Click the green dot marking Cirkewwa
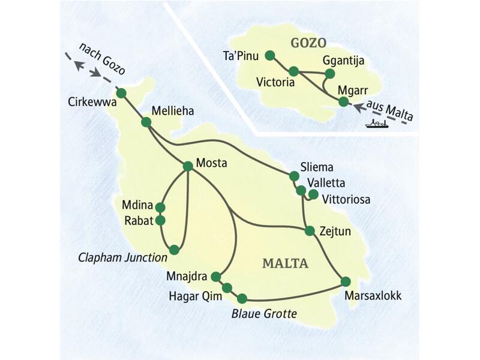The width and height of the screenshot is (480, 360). [x=121, y=93]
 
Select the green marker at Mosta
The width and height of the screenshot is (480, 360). [x=187, y=166]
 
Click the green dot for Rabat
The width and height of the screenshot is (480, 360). [x=160, y=220]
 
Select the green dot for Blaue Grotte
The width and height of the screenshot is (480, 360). [x=242, y=298]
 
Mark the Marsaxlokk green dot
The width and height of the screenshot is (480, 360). [x=346, y=281]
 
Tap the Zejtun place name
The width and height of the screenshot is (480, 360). [x=336, y=230]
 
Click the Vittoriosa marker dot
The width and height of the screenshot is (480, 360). [x=313, y=194]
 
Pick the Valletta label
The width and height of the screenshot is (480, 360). [x=325, y=183]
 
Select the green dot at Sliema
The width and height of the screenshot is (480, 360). [x=294, y=176]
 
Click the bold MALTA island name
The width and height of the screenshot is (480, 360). [x=285, y=263]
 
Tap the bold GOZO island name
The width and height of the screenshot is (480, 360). [x=308, y=43]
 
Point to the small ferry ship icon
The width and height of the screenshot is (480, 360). [x=374, y=124]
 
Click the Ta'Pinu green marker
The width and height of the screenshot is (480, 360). [x=269, y=55]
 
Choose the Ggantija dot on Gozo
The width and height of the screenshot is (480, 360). [x=329, y=74]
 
